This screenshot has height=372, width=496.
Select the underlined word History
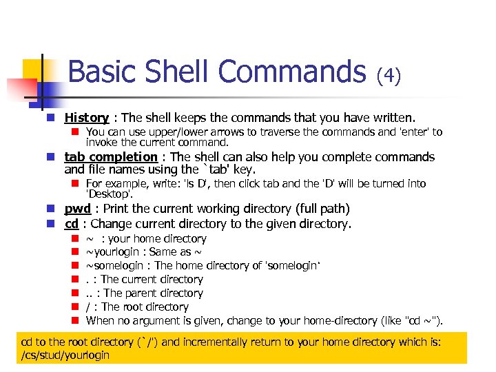tap(87, 118)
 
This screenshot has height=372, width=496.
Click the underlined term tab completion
tap(111, 157)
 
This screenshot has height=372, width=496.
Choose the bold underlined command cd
tap(71, 223)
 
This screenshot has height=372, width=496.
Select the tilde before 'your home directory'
tap(90, 239)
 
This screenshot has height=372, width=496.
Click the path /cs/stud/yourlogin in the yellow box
tap(65, 355)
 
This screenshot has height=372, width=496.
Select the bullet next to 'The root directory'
tap(76, 307)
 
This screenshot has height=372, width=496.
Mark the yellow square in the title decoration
tap(34, 69)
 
